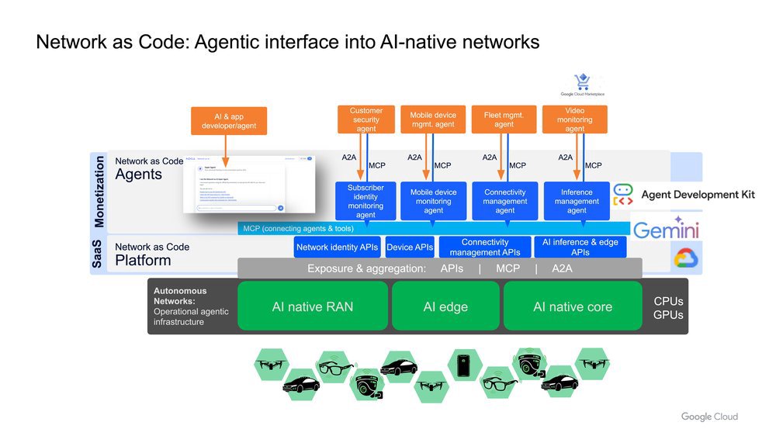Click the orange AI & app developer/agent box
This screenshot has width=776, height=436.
pos(228,121)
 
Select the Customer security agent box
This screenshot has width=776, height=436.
pos(365,119)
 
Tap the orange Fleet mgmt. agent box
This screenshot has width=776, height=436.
pos(504,119)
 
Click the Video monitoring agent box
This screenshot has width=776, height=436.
pos(574,119)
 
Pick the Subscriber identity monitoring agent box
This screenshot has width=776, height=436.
pos(365,201)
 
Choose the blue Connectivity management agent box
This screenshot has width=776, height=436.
pos(505,201)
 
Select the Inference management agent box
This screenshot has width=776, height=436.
pos(577,201)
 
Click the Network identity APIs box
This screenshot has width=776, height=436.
pos(338,247)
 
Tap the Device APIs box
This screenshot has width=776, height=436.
pos(410,247)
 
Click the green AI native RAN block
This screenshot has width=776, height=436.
pos(312,306)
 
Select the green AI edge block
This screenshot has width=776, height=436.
pos(445,306)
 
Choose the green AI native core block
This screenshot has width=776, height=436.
pos(573,306)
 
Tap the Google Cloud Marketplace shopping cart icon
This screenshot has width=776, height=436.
pos(581,82)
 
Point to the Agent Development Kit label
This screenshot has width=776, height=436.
pos(698,195)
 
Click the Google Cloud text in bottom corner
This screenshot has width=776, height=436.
pos(709,417)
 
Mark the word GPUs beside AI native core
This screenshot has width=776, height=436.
pos(668,315)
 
